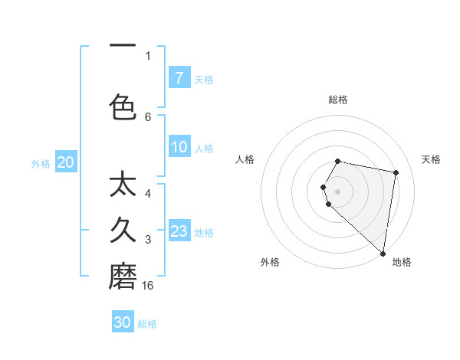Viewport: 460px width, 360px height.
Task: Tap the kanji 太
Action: [x=123, y=185]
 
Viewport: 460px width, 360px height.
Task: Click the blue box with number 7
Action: [x=179, y=78]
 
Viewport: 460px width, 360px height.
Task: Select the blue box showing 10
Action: [x=179, y=147]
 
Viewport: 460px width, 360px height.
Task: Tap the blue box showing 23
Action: [x=179, y=231]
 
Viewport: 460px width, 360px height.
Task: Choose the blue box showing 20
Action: [x=65, y=162]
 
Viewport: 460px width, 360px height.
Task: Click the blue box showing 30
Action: [x=123, y=322]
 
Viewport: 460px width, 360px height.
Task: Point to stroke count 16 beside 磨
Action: [x=149, y=286]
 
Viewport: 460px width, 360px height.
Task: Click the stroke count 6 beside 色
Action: [x=148, y=116]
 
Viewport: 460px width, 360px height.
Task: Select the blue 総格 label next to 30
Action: [x=147, y=324]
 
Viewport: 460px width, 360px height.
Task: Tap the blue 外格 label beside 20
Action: [x=41, y=164]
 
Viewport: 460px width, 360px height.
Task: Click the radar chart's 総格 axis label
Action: [x=338, y=100]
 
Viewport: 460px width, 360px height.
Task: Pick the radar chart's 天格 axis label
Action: [x=432, y=159]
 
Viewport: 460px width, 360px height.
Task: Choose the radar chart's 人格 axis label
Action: [x=245, y=159]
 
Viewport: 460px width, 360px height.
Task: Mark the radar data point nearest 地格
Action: [x=383, y=254]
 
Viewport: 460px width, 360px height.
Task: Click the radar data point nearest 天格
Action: [x=396, y=172]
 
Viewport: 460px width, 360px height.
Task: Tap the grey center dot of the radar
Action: [x=338, y=191]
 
